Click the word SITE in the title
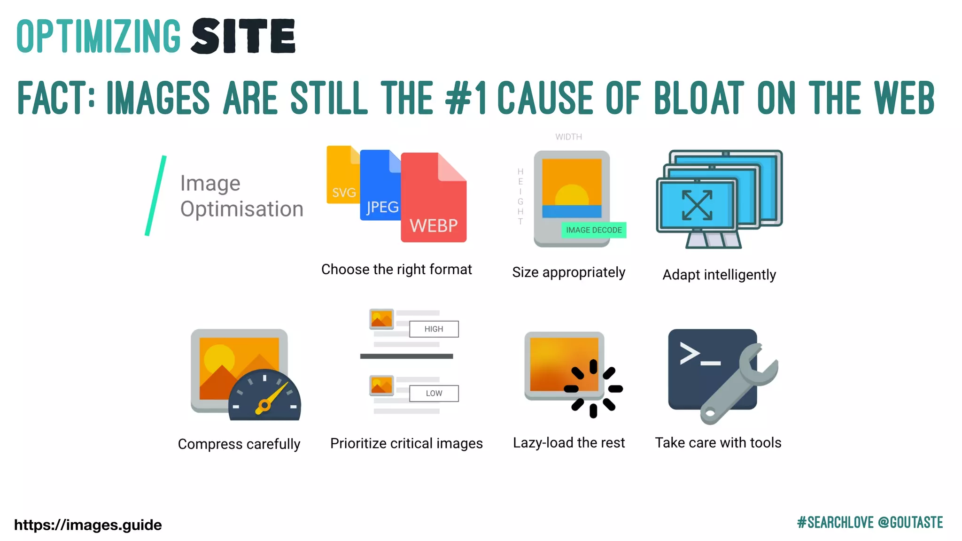[x=243, y=36]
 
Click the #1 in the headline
[x=465, y=98]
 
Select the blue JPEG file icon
[x=379, y=188]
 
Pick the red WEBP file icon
[x=433, y=202]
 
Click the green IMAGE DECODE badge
[x=594, y=230]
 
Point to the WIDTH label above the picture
[x=568, y=137]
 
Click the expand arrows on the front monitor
[x=697, y=205]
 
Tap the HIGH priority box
[x=434, y=329]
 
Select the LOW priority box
[x=434, y=394]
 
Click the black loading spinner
[x=593, y=389]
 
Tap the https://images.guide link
[x=88, y=525]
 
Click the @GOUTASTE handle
[x=910, y=523]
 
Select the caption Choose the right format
[x=396, y=270]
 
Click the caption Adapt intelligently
[x=719, y=275]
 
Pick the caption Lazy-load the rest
[x=568, y=443]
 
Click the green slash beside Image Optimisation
[x=155, y=195]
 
